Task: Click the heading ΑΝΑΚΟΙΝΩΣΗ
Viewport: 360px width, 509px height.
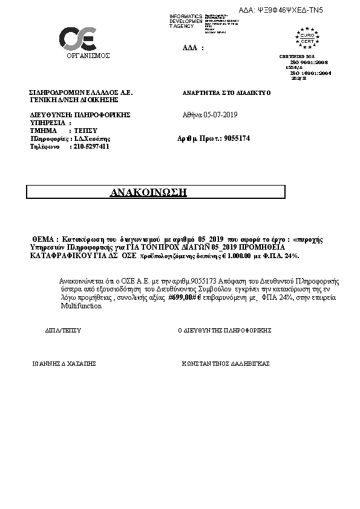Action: (149, 192)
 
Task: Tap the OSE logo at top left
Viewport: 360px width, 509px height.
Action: (77, 38)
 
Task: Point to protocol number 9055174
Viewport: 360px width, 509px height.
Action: (237, 138)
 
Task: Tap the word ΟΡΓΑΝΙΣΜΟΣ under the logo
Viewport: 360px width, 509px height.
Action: (88, 56)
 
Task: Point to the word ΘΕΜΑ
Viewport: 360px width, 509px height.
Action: (43, 239)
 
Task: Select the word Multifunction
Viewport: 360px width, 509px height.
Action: (81, 306)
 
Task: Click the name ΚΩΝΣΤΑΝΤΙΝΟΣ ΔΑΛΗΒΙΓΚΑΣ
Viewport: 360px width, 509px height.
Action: (226, 364)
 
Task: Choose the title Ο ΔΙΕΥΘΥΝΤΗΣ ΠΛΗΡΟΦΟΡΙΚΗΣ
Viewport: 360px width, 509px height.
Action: (224, 331)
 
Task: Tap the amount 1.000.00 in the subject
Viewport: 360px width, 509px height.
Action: (227, 256)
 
